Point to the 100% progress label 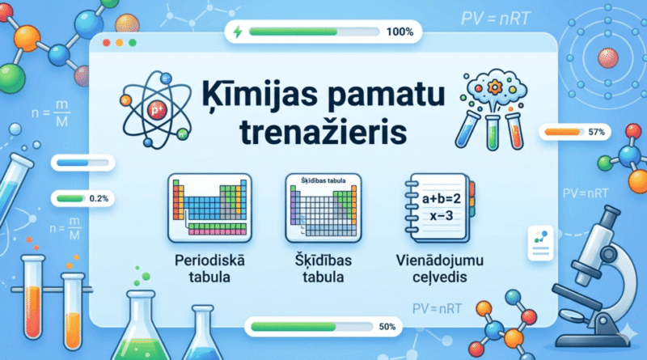tap(400, 32)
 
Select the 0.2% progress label tap(99, 197)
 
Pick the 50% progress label tap(386, 328)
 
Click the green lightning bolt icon tap(237, 32)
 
